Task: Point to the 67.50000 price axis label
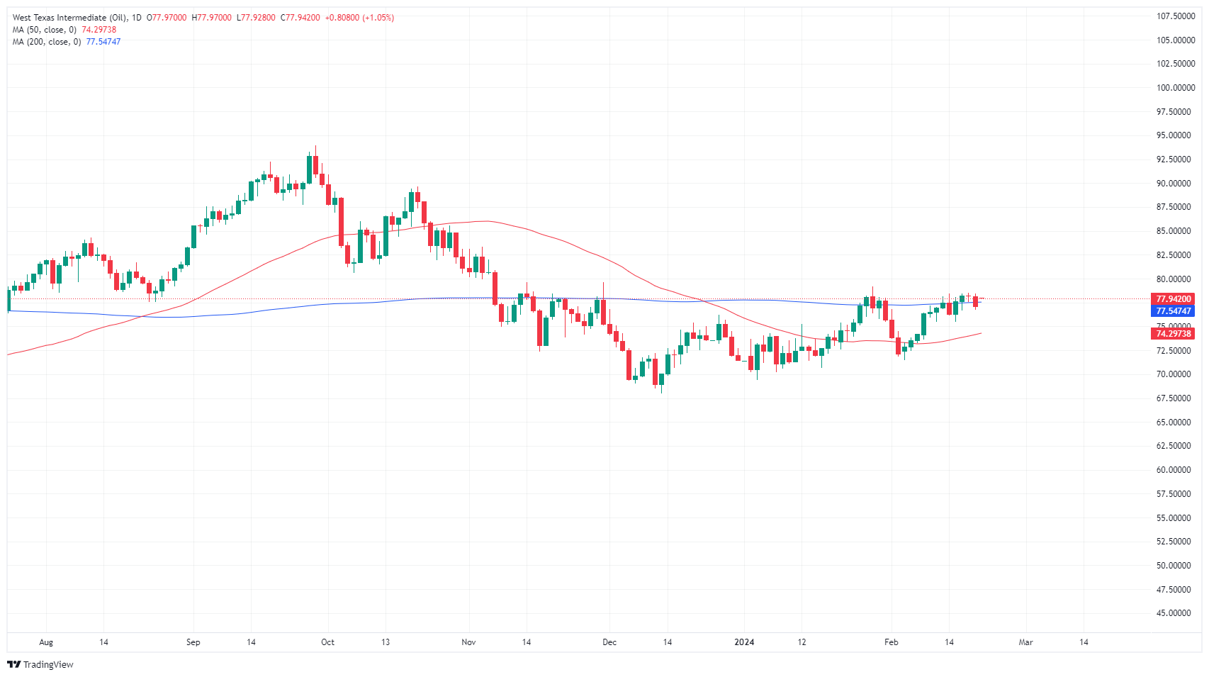click(x=1174, y=398)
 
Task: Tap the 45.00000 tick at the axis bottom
click(x=1174, y=613)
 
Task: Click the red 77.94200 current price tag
click(x=1174, y=299)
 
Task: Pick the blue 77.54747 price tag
click(x=1174, y=311)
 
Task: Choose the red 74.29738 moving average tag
click(x=1174, y=334)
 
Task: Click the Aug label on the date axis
click(x=46, y=642)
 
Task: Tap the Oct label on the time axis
click(x=327, y=642)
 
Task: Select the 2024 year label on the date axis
click(x=744, y=642)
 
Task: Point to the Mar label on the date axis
click(x=1025, y=642)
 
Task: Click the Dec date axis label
click(x=609, y=642)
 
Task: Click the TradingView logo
click(x=40, y=664)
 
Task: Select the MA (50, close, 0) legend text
click(x=44, y=30)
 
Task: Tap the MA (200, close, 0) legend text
click(x=47, y=42)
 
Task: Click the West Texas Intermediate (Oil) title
click(x=69, y=18)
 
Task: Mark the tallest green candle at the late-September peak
click(x=310, y=169)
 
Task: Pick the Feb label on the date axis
click(x=891, y=642)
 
